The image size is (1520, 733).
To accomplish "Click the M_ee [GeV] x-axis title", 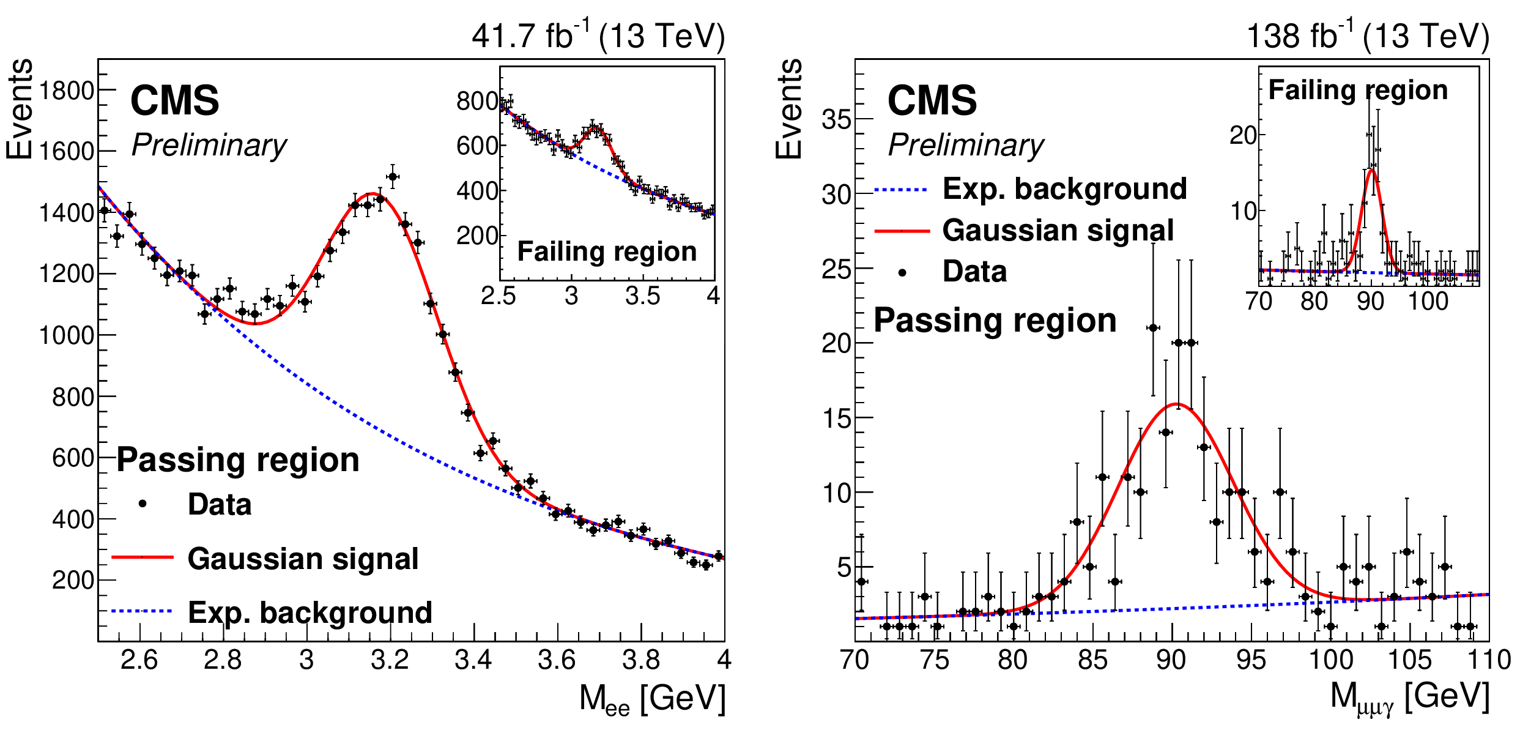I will (x=652, y=699).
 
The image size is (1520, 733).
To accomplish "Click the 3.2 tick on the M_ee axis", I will (x=390, y=660).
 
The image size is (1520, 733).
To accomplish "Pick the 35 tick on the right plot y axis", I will (x=836, y=119).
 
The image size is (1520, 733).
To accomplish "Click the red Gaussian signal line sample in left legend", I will (x=143, y=557).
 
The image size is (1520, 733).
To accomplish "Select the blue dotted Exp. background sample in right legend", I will (x=901, y=190).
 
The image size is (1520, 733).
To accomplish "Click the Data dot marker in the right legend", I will (x=902, y=272).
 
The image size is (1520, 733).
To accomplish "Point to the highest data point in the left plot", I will (x=393, y=177).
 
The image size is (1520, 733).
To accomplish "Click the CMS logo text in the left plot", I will (x=174, y=100).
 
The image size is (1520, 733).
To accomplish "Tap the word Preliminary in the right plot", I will (x=966, y=146).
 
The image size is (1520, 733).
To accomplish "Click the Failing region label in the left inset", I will (x=607, y=251).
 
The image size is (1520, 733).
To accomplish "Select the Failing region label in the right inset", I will (x=1358, y=91).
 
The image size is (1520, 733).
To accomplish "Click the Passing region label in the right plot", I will (x=995, y=320).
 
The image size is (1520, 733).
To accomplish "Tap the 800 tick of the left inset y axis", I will (x=477, y=101).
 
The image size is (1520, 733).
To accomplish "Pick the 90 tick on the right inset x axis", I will (x=1371, y=301).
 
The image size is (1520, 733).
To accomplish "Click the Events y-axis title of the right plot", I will (x=789, y=109).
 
